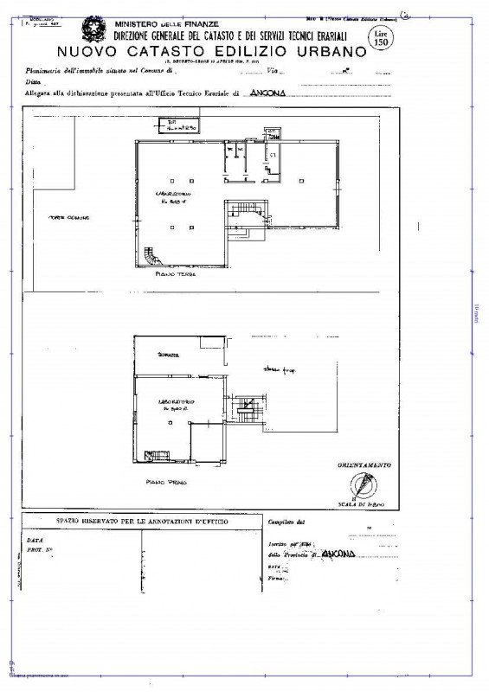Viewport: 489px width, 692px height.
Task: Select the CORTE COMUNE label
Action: pyautogui.click(x=69, y=216)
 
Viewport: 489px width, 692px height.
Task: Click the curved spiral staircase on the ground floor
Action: pyautogui.click(x=154, y=256)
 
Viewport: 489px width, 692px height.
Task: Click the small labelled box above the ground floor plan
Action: pyautogui.click(x=182, y=125)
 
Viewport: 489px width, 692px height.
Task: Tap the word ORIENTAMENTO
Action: pyautogui.click(x=365, y=465)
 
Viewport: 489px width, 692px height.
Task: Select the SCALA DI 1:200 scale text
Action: pyautogui.click(x=364, y=503)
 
